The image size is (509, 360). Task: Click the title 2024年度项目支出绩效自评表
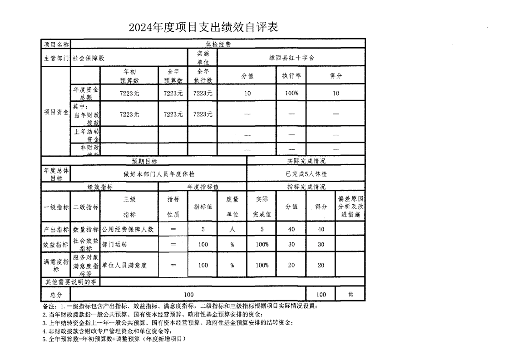203,28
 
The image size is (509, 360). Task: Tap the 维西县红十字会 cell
291,58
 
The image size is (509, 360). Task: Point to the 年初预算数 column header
129,76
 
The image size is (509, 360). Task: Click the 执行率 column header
291,76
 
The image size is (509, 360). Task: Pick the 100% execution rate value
291,93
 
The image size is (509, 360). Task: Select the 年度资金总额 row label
86,93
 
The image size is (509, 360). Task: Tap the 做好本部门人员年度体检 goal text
159,174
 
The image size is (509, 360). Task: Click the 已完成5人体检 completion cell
306,174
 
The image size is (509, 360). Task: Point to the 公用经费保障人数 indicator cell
128,230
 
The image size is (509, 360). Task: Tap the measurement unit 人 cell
232,230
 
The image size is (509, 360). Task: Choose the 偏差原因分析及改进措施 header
350,207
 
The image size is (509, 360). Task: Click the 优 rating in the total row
350,294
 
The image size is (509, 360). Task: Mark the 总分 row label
56,294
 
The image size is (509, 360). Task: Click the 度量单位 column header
232,207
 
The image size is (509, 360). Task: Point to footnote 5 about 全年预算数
114,339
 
